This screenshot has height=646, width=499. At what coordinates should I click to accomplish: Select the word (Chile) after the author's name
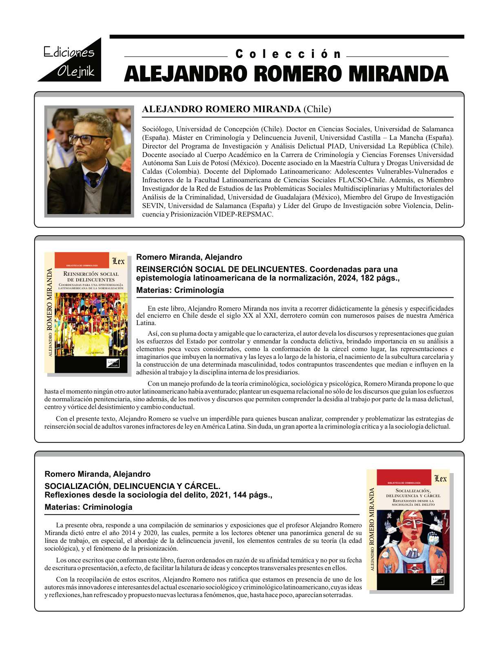pyautogui.click(x=317, y=109)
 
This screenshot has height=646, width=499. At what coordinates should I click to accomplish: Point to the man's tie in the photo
pyautogui.click(x=93, y=179)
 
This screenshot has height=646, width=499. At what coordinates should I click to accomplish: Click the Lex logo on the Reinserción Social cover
pyautogui.click(x=118, y=261)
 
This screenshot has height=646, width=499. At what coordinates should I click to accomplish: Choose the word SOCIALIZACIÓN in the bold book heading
pyautogui.click(x=77, y=487)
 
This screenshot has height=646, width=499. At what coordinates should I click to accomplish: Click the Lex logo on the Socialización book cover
pyautogui.click(x=440, y=478)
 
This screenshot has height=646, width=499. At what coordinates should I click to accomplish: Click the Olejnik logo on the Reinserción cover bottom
pyautogui.click(x=113, y=363)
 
